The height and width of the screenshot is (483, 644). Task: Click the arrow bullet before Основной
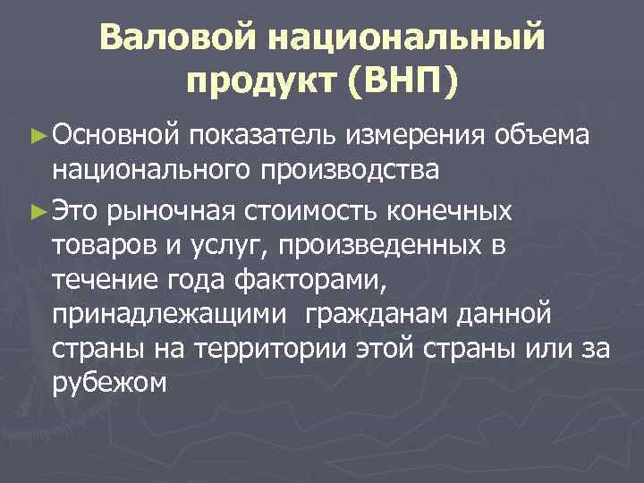click(38, 134)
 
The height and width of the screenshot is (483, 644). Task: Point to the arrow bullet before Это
click(38, 211)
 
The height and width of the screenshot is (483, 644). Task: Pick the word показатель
click(263, 135)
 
